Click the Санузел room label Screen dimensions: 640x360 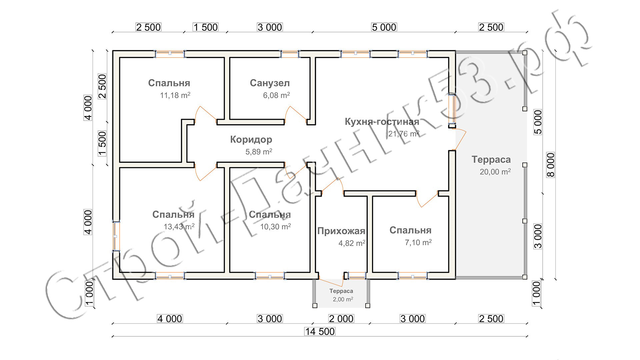pyautogui.click(x=270, y=83)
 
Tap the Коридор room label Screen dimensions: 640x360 pyautogui.click(x=251, y=139)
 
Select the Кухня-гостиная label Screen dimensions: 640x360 pyautogui.click(x=382, y=122)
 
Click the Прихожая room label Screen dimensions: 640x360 pyautogui.click(x=341, y=231)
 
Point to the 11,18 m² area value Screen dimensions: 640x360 pyautogui.click(x=175, y=95)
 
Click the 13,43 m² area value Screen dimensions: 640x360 pyautogui.click(x=179, y=227)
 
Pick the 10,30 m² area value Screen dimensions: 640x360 pyautogui.click(x=275, y=227)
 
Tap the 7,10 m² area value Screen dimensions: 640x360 pyautogui.click(x=418, y=242)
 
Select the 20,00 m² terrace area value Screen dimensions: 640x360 pyautogui.click(x=495, y=172)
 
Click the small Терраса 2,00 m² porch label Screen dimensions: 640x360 pyautogui.click(x=341, y=295)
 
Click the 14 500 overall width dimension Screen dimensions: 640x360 pyautogui.click(x=320, y=331)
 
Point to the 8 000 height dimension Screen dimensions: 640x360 pyautogui.click(x=550, y=165)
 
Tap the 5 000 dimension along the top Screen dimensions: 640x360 pyautogui.click(x=384, y=27)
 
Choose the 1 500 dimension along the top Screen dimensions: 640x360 pyautogui.click(x=205, y=27)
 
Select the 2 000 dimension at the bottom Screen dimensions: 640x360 pyautogui.click(x=341, y=319)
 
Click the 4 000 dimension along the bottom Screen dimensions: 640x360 pyautogui.click(x=170, y=319)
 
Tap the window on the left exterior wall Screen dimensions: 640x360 pyautogui.click(x=116, y=236)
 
